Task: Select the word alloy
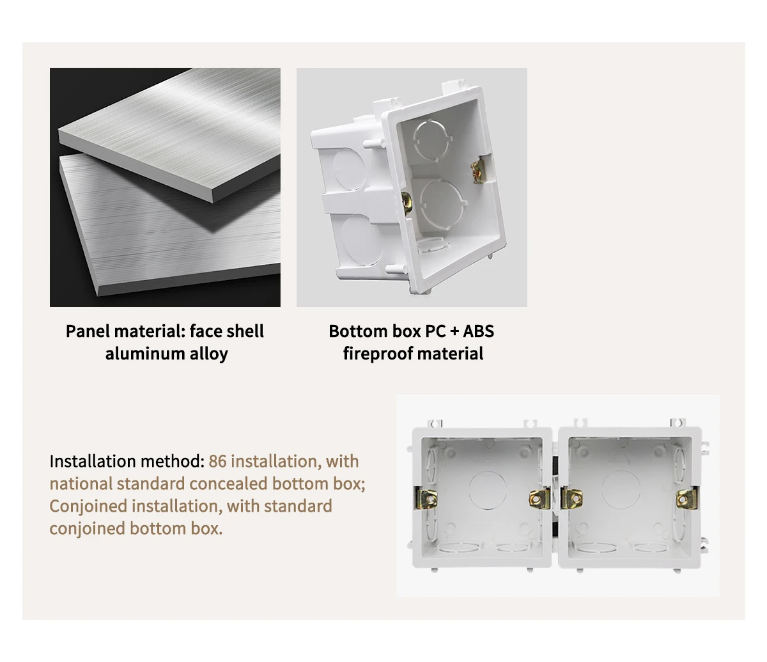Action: click(x=209, y=354)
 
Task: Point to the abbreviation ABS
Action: click(x=478, y=331)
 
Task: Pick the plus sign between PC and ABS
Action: click(x=454, y=331)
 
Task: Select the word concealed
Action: click(x=229, y=484)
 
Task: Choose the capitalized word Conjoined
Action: click(x=88, y=507)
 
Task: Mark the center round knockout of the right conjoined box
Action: click(x=620, y=489)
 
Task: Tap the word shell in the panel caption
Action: click(x=245, y=331)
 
